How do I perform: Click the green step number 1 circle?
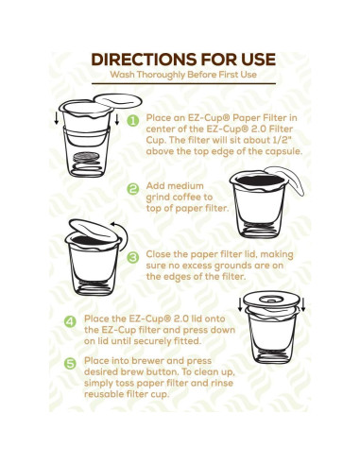tap(133, 121)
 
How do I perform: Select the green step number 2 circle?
tap(133, 188)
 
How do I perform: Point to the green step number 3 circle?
tap(133, 256)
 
